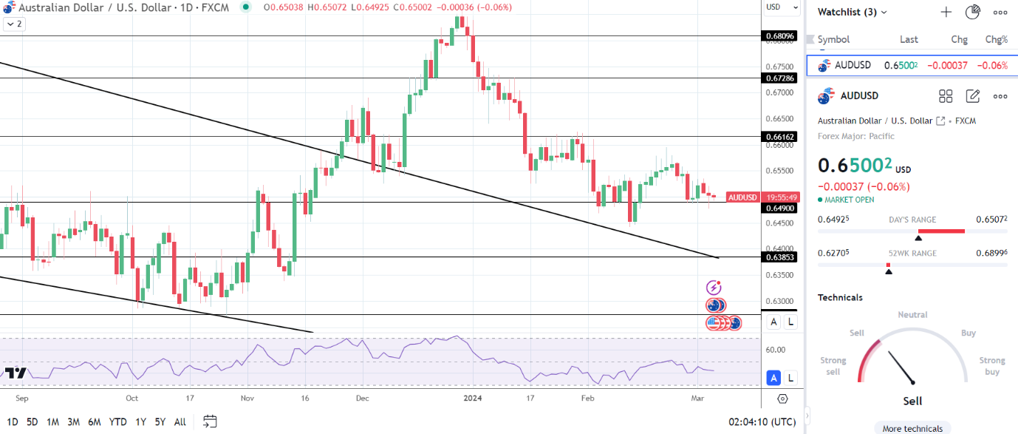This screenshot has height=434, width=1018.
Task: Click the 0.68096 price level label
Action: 780,35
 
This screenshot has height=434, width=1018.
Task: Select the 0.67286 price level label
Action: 780,78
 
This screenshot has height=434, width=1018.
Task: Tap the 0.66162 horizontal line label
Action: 780,137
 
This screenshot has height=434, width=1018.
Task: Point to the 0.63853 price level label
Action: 780,257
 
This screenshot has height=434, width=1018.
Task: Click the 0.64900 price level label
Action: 780,208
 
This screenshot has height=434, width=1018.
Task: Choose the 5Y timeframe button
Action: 160,422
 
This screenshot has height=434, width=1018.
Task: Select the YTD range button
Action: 117,422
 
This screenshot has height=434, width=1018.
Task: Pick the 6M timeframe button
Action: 95,422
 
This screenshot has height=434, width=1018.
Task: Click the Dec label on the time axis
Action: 362,398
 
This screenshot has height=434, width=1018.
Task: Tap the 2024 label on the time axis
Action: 472,398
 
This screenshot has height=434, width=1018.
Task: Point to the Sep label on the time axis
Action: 21,398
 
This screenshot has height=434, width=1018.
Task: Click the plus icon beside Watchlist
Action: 946,12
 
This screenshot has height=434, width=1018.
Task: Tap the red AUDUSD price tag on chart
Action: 742,197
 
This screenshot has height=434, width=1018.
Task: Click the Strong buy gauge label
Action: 992,366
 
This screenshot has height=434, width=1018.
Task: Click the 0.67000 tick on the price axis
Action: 780,93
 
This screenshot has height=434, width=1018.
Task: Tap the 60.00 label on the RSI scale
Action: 775,350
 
